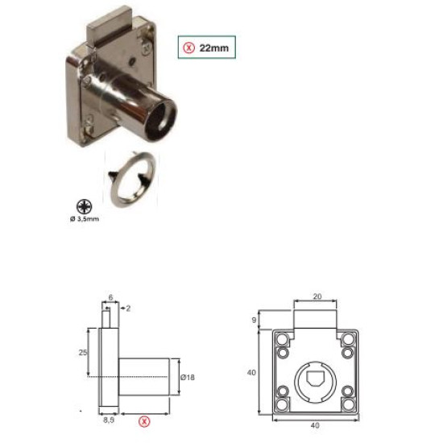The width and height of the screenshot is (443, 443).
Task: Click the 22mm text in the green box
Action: pos(214,48)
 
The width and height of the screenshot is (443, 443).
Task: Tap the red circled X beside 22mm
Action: pos(188,48)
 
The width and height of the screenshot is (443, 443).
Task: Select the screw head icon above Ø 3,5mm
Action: pos(85,207)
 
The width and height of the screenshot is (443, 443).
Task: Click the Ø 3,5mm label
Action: pos(85,219)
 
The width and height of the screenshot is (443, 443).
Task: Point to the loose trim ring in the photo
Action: pos(131,179)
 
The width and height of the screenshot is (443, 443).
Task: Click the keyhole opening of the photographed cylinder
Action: pos(164,118)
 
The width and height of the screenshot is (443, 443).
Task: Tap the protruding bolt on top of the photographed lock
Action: pos(110,27)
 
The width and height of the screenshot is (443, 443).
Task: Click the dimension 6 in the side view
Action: pos(111,297)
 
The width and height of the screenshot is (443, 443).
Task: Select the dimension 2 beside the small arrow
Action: pos(128,308)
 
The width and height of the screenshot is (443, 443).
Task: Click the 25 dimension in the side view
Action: pos(83,352)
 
